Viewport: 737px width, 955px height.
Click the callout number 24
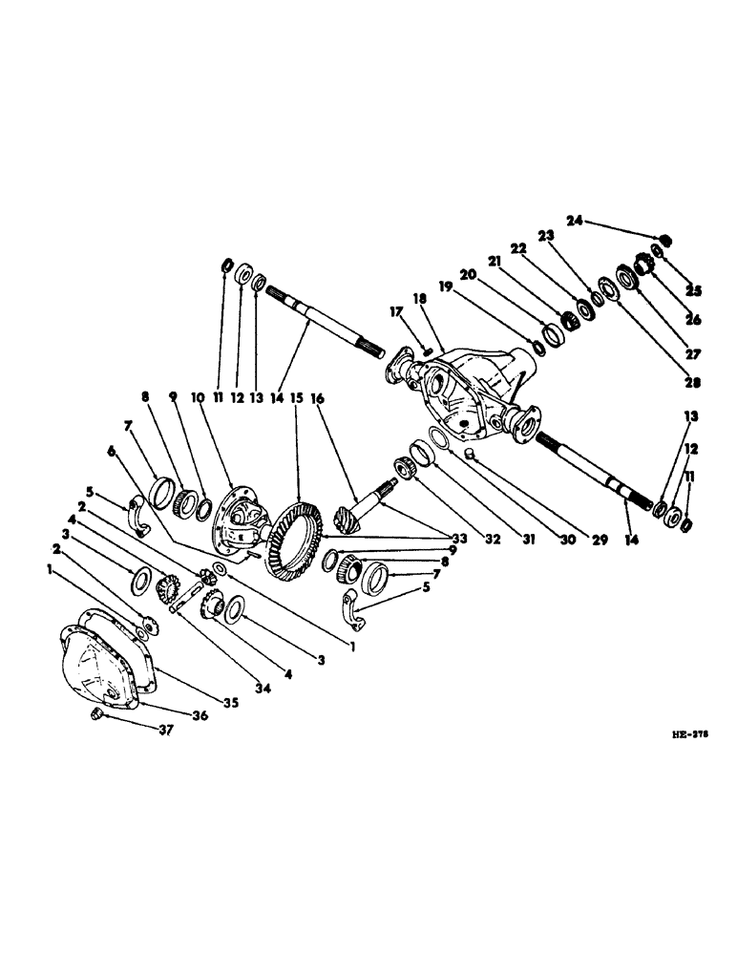tap(573, 222)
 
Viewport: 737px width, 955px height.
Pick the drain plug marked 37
tap(95, 715)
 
